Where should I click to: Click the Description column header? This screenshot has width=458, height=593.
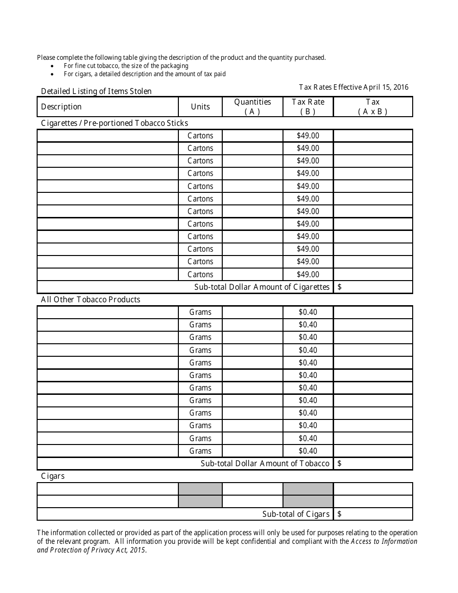click(61, 107)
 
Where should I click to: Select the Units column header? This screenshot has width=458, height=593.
click(200, 107)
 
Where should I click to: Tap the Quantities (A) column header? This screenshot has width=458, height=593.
click(253, 107)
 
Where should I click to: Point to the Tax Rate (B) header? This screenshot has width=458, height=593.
click(308, 107)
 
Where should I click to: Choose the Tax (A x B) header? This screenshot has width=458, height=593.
click(373, 107)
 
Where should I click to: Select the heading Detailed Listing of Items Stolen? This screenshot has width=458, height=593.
click(96, 91)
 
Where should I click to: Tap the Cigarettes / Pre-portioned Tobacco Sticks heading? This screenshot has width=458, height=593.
click(114, 123)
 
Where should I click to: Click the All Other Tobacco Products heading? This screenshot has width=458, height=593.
click(91, 299)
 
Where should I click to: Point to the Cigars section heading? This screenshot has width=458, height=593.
click(53, 476)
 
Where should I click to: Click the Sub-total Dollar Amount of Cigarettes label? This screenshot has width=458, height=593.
click(262, 287)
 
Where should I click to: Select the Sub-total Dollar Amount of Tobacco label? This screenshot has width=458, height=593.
click(265, 463)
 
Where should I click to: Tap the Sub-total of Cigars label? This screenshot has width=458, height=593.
click(296, 514)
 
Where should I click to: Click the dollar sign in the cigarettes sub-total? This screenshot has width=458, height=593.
click(340, 287)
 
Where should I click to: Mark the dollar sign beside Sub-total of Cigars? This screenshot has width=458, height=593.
click(340, 514)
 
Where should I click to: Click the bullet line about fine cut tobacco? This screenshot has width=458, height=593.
click(126, 66)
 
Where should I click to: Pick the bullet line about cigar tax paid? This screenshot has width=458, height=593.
click(145, 74)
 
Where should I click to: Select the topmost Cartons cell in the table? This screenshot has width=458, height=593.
click(200, 135)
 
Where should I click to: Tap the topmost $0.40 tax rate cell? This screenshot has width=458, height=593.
click(308, 312)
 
